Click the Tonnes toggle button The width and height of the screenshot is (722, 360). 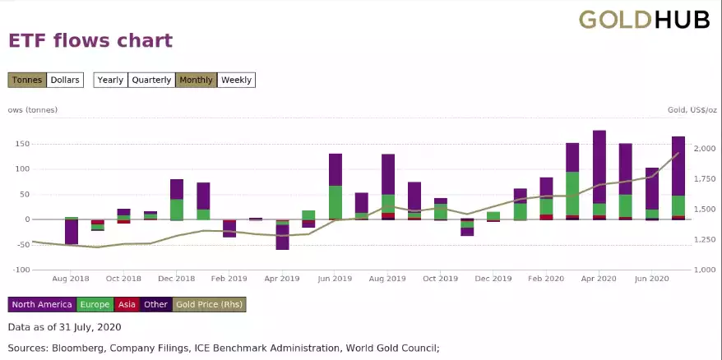pos(26,80)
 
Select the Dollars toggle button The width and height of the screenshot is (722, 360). pos(65,80)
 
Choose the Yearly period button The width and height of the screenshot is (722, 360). pos(110,80)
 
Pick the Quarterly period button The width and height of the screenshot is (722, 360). pos(151,80)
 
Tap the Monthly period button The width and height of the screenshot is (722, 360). pos(196,80)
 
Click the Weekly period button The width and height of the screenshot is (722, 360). pos(236,80)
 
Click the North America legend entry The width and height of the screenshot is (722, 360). pos(42,304)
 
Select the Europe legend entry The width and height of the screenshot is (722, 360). pos(95,304)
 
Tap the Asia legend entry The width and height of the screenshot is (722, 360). pos(126,304)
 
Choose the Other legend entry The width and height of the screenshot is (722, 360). pos(155,304)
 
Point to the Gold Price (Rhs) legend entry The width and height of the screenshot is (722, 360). pos(209,304)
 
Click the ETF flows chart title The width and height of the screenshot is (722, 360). pos(90,40)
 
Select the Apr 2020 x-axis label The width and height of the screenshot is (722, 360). pos(599,279)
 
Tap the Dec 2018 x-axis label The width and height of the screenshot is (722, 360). pos(177,279)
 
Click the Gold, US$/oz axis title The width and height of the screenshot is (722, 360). pos(691,110)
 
